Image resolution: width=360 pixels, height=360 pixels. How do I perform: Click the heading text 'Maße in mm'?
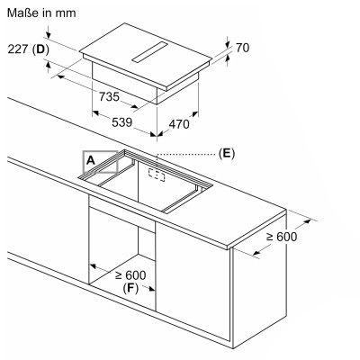(41, 13)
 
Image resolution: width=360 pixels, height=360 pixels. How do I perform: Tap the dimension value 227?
(18, 49)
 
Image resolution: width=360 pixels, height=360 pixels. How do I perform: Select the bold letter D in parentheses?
(40, 49)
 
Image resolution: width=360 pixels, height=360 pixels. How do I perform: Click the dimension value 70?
(242, 48)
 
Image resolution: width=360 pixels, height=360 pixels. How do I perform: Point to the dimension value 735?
(109, 97)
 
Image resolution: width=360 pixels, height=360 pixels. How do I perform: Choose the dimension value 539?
(121, 122)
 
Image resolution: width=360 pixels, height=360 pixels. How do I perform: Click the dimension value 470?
(179, 124)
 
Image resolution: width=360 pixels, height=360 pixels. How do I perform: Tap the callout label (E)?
(226, 153)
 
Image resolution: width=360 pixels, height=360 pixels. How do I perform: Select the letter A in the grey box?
(91, 161)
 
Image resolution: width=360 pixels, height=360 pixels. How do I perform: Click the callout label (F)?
(130, 288)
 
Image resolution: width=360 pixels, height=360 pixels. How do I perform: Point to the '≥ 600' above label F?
(131, 275)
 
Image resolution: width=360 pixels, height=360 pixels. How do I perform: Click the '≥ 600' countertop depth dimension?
(282, 237)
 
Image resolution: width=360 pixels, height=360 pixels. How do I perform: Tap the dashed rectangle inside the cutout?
(157, 175)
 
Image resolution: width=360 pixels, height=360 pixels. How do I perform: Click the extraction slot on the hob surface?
(149, 52)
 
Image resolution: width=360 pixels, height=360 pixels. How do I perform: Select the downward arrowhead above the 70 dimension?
(228, 44)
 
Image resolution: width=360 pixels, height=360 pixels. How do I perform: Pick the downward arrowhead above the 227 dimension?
(49, 34)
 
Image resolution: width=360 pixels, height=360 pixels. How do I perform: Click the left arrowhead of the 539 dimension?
(95, 112)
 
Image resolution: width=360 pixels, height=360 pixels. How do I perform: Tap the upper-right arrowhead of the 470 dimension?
(194, 114)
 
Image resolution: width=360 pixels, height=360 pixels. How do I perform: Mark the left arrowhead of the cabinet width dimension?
(93, 266)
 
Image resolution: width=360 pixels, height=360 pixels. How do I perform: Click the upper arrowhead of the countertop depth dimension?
(308, 221)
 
